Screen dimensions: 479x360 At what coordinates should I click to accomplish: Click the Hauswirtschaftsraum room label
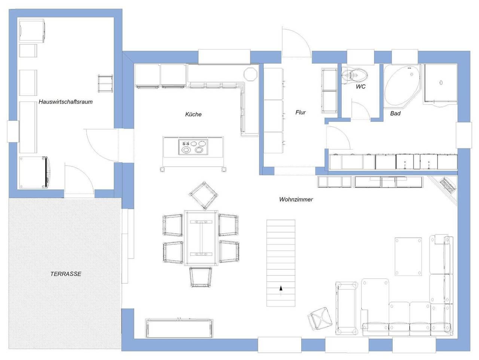click(x=65, y=102)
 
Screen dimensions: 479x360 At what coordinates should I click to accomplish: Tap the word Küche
click(x=193, y=114)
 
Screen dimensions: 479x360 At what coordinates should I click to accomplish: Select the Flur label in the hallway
click(x=300, y=113)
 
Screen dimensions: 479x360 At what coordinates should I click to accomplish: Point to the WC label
click(x=360, y=86)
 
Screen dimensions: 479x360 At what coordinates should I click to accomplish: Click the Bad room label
click(x=396, y=113)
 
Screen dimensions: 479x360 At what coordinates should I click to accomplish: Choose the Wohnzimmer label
click(x=296, y=199)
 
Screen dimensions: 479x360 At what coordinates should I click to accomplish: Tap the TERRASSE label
click(x=66, y=274)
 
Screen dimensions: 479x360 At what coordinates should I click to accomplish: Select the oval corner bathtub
click(x=402, y=86)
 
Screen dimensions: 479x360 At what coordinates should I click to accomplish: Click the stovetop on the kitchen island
click(x=193, y=147)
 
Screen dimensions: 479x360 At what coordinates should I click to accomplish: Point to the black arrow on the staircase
click(x=281, y=288)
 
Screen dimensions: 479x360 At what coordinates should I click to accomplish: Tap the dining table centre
click(x=201, y=238)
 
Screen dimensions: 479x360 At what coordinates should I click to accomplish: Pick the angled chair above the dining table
click(x=204, y=196)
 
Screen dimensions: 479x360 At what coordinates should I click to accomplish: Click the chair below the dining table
click(x=201, y=277)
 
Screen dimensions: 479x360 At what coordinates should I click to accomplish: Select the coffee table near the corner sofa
click(x=408, y=256)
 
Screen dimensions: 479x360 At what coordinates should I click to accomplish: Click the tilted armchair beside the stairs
click(x=320, y=319)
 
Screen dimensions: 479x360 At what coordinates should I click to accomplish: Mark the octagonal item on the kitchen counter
click(x=250, y=74)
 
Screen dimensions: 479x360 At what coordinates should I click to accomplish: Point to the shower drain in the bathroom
click(x=441, y=83)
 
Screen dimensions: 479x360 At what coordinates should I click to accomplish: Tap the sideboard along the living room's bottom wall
click(x=179, y=328)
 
